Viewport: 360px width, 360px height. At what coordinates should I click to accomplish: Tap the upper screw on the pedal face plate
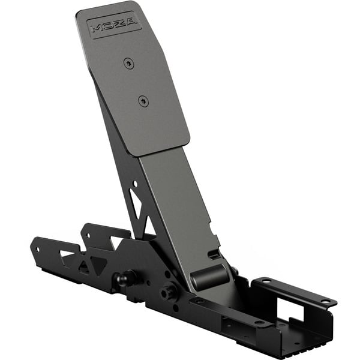coord(127,62)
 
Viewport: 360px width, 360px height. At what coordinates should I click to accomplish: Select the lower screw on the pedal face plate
coord(142,100)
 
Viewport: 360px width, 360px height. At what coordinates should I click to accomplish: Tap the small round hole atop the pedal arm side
coord(134,184)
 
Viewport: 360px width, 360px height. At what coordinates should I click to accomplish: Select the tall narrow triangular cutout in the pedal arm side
coord(137,207)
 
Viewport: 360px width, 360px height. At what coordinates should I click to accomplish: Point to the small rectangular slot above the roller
coord(212,254)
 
